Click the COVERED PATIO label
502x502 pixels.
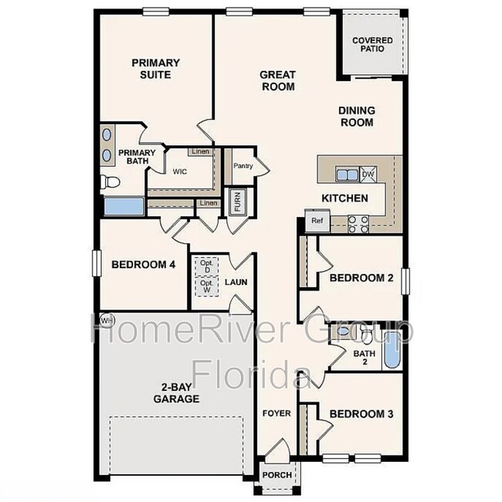(x=372, y=44)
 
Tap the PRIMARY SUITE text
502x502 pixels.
(x=155, y=69)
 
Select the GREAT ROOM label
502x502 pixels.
(x=276, y=80)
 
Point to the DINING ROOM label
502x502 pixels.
(x=356, y=116)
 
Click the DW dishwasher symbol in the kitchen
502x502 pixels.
(x=369, y=174)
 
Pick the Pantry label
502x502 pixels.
(x=243, y=165)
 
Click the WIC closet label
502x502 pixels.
(x=179, y=171)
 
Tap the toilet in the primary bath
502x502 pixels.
(x=109, y=182)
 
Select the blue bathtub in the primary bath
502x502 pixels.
(x=123, y=206)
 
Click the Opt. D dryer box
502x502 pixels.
(x=205, y=265)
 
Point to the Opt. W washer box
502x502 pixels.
(x=205, y=286)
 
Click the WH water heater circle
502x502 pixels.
(x=107, y=320)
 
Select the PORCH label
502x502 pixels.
(x=277, y=475)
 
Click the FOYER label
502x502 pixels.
(x=276, y=413)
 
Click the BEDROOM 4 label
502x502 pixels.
(x=144, y=264)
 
